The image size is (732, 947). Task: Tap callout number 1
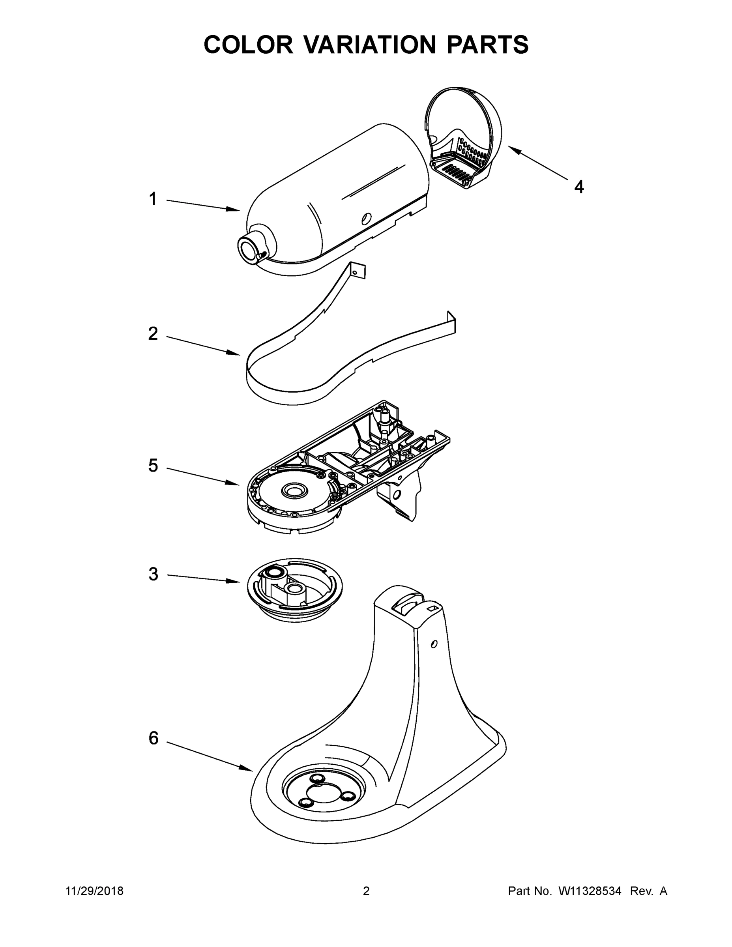[x=153, y=199]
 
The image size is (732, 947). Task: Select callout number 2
[x=153, y=333]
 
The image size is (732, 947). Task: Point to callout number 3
[x=153, y=574]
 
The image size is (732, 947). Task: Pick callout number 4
[x=579, y=187]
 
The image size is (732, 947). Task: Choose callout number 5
[x=153, y=466]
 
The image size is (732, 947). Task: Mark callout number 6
[x=154, y=737]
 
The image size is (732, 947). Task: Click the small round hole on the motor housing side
[x=367, y=218]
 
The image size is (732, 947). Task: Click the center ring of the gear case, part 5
[x=295, y=491]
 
